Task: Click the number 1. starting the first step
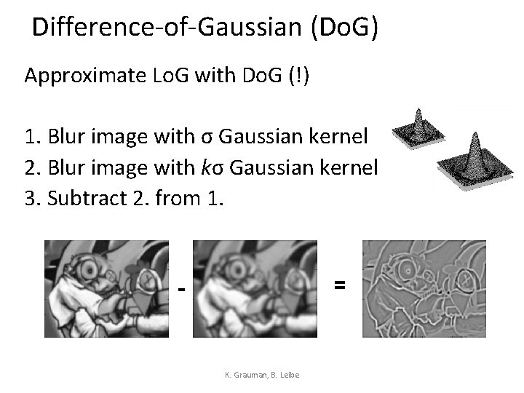pyautogui.click(x=33, y=136)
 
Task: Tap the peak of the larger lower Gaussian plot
pyautogui.click(x=475, y=137)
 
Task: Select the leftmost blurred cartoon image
pyautogui.click(x=106, y=288)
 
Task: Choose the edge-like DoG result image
pyautogui.click(x=424, y=288)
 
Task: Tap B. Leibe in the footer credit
pyautogui.click(x=286, y=375)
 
